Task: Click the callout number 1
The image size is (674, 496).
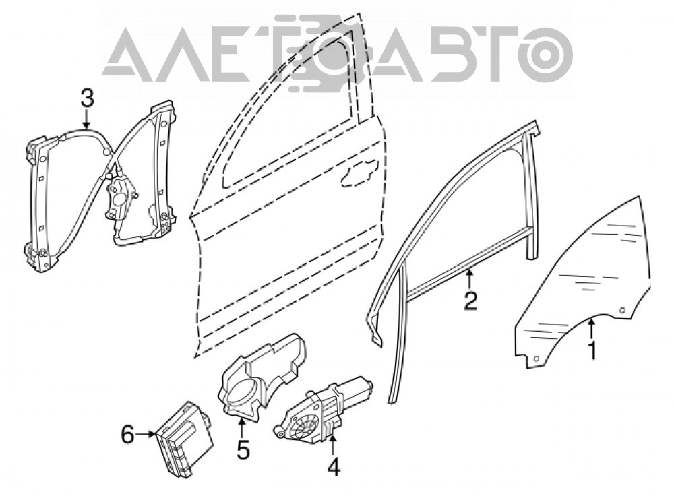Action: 592,351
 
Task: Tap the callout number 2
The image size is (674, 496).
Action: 470,301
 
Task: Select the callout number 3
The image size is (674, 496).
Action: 87,98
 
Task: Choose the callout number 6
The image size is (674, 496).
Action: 127,435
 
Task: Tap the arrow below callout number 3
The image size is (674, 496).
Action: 87,119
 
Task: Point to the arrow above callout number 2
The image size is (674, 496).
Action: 470,278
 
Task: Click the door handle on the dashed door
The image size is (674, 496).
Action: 359,173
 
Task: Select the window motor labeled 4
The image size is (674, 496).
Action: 323,409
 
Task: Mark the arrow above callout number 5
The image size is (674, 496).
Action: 242,429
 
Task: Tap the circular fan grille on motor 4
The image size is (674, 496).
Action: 304,424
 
